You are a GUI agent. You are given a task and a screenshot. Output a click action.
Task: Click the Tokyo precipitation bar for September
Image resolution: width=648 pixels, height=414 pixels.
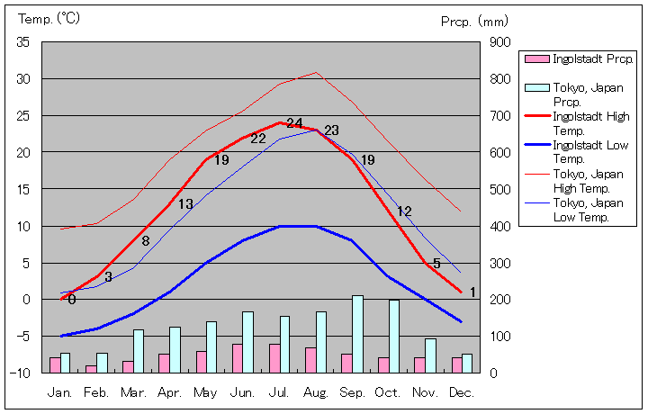357,334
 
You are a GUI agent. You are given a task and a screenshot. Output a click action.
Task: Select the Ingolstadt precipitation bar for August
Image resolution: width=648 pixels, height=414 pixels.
310,360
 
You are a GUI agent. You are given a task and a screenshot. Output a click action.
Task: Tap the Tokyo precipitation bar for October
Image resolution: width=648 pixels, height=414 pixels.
394,336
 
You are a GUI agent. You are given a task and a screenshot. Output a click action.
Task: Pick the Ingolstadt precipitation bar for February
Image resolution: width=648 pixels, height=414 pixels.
91,369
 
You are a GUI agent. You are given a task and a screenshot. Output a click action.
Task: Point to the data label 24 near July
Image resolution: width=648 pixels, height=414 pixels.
294,123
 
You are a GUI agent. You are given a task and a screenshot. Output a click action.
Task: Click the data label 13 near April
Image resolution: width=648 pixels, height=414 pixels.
185,204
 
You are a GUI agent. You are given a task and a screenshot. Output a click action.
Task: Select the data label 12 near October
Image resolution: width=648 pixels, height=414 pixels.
404,211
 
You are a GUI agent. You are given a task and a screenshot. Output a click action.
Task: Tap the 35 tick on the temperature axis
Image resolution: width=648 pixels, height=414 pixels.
24,42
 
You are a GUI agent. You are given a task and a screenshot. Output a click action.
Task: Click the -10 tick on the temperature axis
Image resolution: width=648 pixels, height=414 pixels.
22,372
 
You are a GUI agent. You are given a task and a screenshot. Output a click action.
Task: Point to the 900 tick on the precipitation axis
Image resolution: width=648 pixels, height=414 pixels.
500,42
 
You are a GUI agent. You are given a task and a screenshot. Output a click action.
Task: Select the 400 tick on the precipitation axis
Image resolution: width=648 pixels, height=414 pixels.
500,226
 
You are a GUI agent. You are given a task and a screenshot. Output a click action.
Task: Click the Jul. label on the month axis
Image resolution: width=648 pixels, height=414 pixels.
279,392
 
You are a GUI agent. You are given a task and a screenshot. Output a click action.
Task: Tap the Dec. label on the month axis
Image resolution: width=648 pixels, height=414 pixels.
461,392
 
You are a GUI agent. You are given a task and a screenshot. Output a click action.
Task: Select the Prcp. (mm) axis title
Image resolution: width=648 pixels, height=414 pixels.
475,21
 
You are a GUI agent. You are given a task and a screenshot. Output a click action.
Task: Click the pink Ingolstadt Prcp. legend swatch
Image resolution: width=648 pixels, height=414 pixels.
536,58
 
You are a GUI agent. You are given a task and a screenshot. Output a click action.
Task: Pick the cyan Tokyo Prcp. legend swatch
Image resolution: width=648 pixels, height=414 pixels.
536,87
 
